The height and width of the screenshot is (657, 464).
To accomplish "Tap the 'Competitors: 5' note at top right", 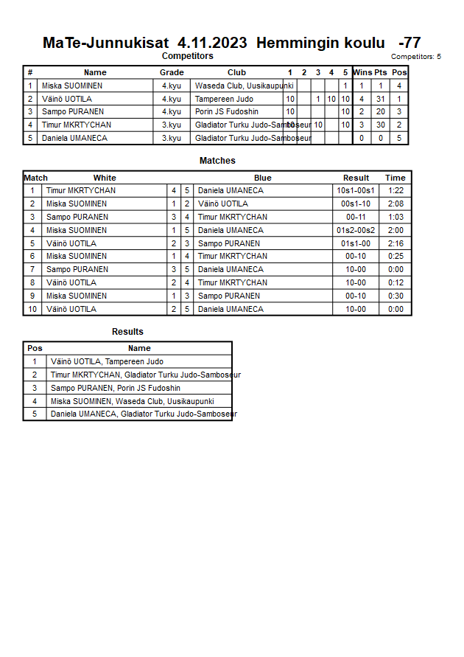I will [416, 57].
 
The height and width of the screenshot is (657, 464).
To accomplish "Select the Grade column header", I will [172, 72].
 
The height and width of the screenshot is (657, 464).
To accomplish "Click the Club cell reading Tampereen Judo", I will [224, 99].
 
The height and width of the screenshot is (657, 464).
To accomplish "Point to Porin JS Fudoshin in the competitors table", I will [227, 112].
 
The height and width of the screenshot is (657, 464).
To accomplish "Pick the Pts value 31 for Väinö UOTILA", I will [380, 99].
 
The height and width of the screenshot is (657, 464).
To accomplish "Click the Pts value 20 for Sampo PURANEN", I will [380, 112].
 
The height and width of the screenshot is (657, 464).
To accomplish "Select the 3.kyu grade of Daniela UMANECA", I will [172, 138].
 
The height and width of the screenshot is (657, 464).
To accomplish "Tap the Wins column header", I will [362, 72].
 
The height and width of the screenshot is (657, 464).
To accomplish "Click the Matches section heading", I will [217, 161].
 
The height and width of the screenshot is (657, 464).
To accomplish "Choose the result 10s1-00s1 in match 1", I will [356, 190].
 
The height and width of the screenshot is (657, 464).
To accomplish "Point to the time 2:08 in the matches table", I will [396, 204].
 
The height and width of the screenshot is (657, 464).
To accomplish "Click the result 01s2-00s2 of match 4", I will [356, 230].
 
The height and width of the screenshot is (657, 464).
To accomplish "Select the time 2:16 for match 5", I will [396, 243].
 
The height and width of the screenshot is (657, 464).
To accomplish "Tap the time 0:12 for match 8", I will [396, 282].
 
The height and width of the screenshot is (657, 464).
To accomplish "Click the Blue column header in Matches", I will [263, 178].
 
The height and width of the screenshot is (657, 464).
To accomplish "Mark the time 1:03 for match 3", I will [396, 217].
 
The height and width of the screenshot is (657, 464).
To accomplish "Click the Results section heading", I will [127, 332].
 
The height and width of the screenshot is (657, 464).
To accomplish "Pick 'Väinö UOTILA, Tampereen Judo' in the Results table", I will [107, 362].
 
